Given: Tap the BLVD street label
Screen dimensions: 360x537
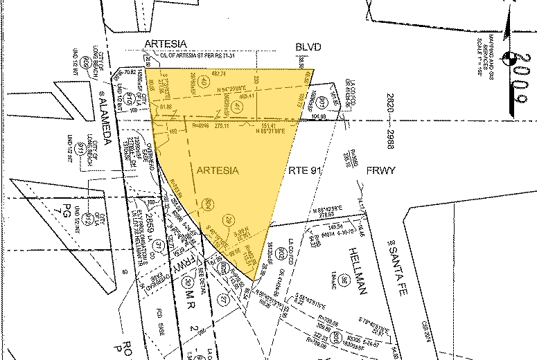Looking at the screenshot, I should pyautogui.click(x=309, y=46).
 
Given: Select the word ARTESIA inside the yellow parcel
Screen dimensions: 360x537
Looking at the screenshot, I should pyautogui.click(x=218, y=170).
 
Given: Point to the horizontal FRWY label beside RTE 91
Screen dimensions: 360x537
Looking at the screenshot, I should pyautogui.click(x=381, y=170).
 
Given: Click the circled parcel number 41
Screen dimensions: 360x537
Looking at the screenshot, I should pyautogui.click(x=236, y=107).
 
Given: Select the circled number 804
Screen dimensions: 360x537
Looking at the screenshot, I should pyautogui.click(x=207, y=203).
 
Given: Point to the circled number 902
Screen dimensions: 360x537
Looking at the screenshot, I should pyautogui.click(x=281, y=252).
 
